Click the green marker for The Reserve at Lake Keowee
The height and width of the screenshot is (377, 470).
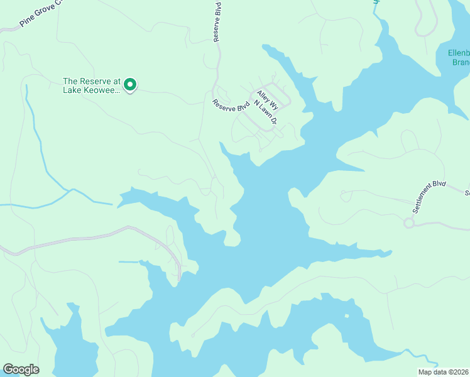pos(130,84)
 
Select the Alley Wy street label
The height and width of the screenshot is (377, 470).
pos(262,101)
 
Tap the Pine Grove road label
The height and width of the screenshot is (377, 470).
pos(41,14)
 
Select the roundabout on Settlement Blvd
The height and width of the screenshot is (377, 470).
pos(409,222)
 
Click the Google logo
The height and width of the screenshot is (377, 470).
pos(21,369)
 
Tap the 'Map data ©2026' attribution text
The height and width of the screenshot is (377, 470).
pos(443,372)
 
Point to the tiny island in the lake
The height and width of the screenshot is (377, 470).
pos(346,316)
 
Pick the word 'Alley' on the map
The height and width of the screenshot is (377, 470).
pos(260,97)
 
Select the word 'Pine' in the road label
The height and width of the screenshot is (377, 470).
pos(26,21)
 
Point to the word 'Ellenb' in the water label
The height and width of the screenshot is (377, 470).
pos(458,53)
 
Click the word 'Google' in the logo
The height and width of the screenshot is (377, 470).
pos(21,369)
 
